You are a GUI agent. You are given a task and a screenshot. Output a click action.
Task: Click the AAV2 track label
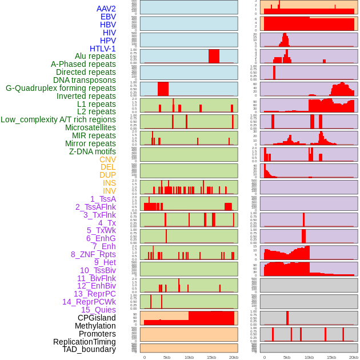point(106,9)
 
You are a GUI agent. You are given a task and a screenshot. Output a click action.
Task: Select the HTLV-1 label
point(102,49)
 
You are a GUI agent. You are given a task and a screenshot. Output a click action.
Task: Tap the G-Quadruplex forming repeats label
point(61,88)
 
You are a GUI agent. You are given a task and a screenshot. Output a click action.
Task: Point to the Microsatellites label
point(90,127)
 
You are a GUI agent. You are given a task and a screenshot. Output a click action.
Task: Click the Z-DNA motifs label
point(93,151)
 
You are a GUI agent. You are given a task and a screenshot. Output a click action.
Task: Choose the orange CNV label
point(107,159)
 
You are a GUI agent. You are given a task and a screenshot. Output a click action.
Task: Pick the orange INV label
point(109,191)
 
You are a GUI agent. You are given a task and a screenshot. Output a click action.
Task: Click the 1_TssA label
point(103,199)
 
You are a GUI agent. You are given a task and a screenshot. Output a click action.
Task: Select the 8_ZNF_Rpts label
point(93,254)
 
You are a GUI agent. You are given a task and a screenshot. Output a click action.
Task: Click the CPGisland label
point(97,318)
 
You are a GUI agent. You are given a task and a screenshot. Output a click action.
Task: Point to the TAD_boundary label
point(89,349)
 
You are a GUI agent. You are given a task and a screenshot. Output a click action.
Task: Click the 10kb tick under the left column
point(189,357)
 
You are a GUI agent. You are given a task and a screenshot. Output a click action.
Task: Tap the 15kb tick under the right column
point(331,357)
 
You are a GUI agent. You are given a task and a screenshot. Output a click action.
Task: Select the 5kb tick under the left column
point(166,357)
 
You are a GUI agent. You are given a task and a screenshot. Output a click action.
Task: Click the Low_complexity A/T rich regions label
point(58,119)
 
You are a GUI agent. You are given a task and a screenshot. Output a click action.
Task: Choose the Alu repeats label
point(95,56)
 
